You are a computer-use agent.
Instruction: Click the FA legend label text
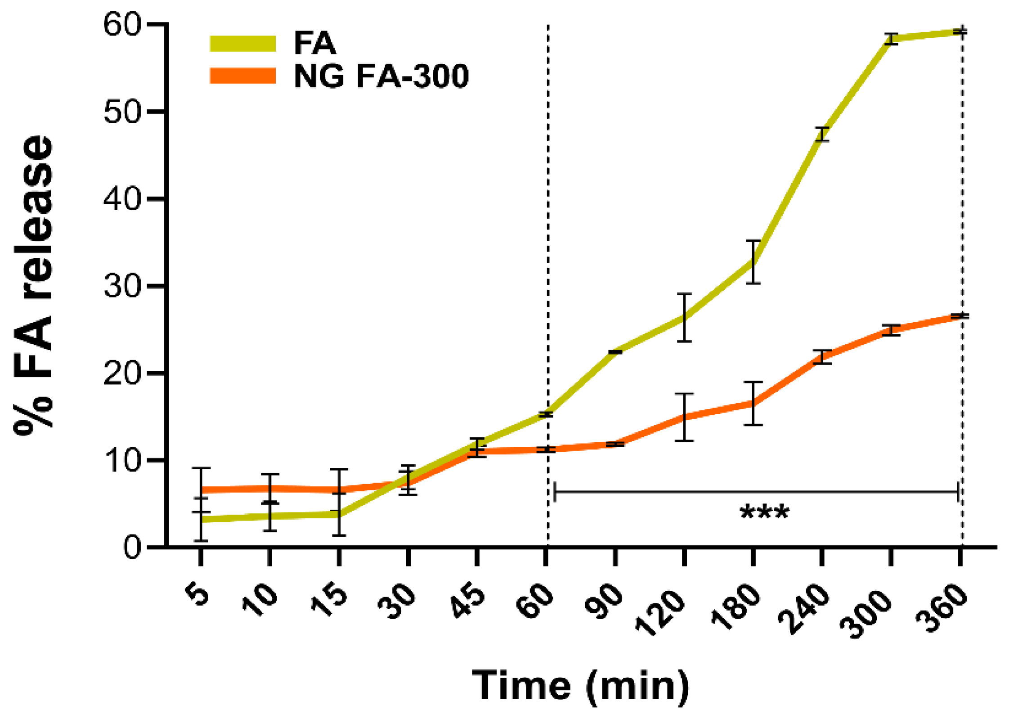tap(314, 44)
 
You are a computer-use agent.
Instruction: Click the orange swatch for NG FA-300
tap(242, 76)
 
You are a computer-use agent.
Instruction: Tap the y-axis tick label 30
tap(122, 286)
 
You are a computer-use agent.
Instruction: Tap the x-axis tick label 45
tap(469, 601)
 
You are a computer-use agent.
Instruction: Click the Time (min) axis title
tap(580, 685)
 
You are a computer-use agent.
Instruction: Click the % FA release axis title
tap(34, 286)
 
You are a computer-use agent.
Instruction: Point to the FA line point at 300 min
tap(890, 39)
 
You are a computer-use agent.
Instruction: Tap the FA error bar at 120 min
tap(684, 318)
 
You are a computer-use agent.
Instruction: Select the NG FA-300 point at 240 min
tap(822, 357)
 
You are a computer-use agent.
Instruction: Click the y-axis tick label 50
tap(122, 112)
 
